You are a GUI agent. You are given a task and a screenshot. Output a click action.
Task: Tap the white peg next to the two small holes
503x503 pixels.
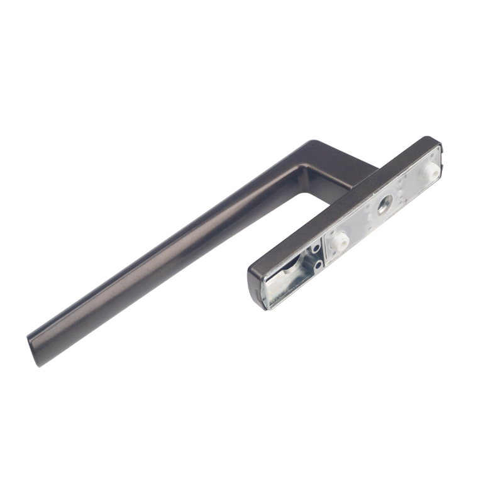tap(341, 240)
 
